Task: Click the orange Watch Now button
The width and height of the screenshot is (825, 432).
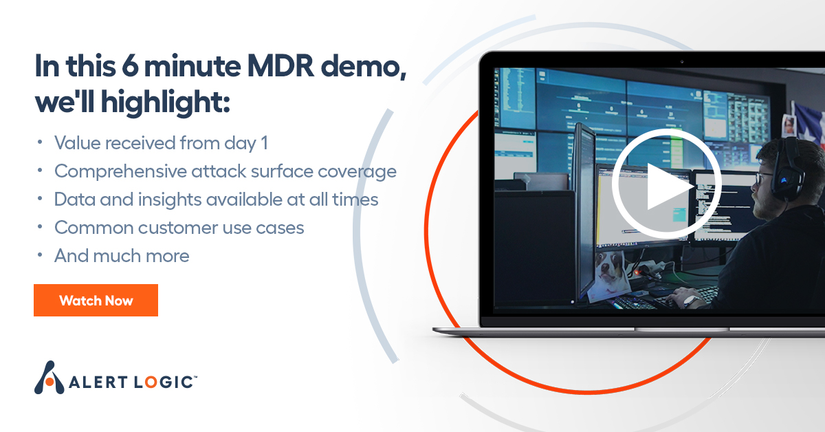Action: [x=96, y=301]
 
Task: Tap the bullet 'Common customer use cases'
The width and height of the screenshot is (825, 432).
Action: [x=179, y=227]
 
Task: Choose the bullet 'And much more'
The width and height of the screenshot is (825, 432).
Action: [x=122, y=256]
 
